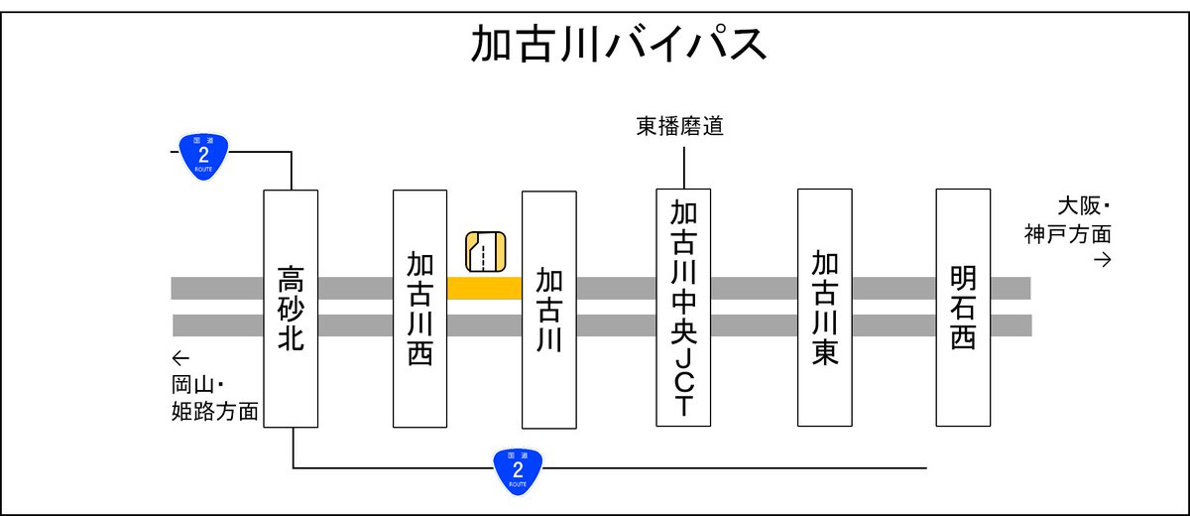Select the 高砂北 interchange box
(x=291, y=308)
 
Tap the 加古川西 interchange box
(x=419, y=308)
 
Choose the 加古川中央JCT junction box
(x=683, y=308)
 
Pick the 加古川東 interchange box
(x=824, y=308)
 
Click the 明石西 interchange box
(x=963, y=308)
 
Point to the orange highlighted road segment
(x=484, y=288)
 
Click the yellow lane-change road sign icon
(x=486, y=251)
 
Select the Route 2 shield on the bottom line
(x=518, y=468)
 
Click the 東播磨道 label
(x=680, y=127)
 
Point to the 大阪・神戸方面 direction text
(x=1069, y=221)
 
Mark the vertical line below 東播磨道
(x=683, y=164)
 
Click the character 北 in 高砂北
(x=291, y=338)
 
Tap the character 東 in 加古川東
(x=824, y=352)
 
